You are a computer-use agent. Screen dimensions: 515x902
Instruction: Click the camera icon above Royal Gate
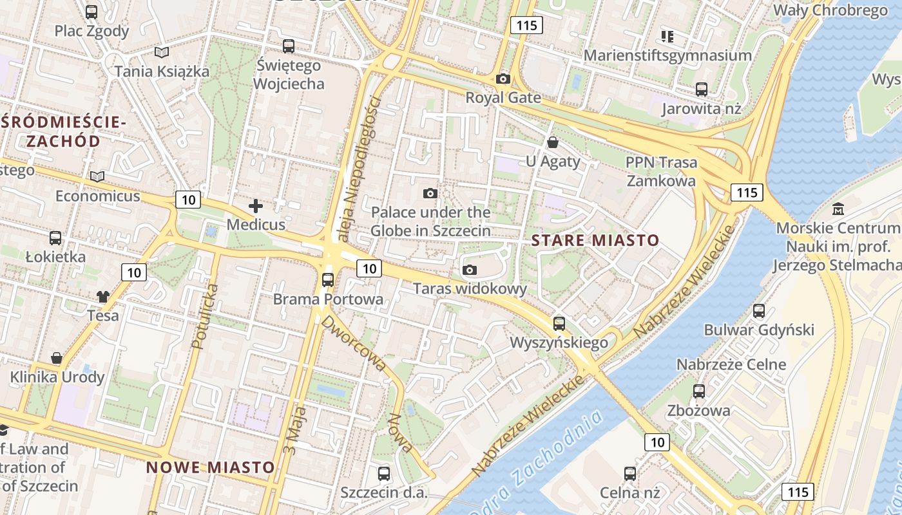click(503, 79)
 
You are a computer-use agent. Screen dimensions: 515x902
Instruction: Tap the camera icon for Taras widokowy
click(470, 270)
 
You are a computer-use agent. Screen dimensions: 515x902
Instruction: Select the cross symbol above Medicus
click(256, 206)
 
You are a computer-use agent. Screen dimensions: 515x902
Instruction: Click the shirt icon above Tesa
click(103, 297)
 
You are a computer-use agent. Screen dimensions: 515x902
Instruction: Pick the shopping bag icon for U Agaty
click(552, 142)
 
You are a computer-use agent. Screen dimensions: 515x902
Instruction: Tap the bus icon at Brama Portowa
click(328, 280)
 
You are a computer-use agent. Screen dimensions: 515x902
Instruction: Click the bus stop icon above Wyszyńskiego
click(559, 324)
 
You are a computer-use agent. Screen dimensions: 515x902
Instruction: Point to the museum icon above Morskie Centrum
click(838, 209)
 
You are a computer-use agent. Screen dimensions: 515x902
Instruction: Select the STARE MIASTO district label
click(595, 241)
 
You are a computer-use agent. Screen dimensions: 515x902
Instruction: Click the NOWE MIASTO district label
click(211, 467)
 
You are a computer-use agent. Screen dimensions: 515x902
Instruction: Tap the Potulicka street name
click(206, 317)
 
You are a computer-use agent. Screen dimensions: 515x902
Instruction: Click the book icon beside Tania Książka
click(161, 52)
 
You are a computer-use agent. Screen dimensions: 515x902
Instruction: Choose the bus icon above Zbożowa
click(699, 391)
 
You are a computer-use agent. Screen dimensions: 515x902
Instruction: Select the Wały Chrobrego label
click(830, 10)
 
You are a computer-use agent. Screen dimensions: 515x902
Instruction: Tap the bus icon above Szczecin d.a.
click(384, 474)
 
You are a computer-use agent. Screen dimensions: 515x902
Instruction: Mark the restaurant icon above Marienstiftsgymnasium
click(667, 36)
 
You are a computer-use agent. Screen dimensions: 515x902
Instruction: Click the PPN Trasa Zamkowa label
click(662, 171)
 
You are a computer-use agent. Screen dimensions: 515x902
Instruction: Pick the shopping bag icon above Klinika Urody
click(57, 358)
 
